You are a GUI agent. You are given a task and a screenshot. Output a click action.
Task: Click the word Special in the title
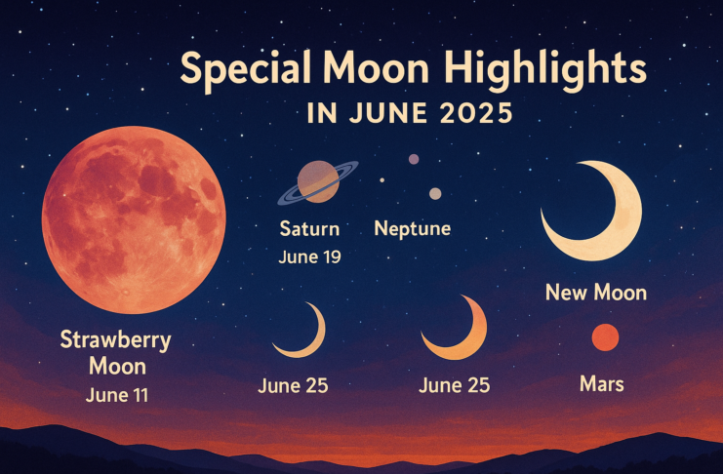click(245, 68)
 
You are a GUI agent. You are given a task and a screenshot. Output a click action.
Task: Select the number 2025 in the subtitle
click(476, 113)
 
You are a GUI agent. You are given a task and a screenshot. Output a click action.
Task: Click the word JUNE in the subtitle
click(387, 113)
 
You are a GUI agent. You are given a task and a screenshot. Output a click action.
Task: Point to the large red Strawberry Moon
click(134, 219)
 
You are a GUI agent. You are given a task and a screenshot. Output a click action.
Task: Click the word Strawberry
click(116, 341)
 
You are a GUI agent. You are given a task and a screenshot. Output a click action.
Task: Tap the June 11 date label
click(117, 395)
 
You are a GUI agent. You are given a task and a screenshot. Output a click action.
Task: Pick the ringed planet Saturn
click(318, 182)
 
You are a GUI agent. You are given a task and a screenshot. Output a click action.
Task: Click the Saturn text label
click(309, 228)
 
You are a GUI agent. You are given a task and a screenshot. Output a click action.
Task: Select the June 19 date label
click(310, 257)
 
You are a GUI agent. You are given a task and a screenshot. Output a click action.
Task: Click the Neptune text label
click(412, 228)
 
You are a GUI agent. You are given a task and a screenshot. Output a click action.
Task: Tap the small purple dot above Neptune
click(414, 159)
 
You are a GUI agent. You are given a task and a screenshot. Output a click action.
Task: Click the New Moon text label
click(596, 293)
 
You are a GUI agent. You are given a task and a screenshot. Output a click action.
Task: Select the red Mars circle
click(605, 337)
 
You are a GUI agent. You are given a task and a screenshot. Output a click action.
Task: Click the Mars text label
click(602, 384)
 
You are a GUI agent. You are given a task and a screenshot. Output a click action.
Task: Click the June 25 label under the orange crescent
click(454, 385)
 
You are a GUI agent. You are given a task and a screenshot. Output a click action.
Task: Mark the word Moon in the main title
click(376, 68)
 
